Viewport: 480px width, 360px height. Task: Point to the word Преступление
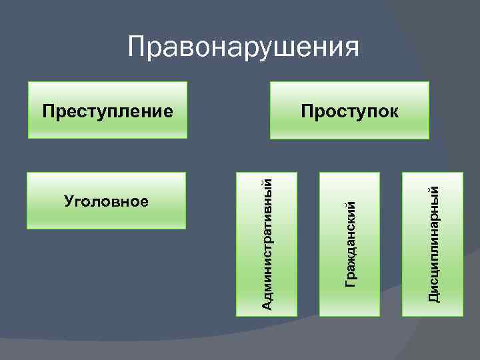coord(107,111)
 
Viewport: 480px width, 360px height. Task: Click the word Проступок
coord(349,111)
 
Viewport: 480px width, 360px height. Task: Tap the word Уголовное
coord(106,201)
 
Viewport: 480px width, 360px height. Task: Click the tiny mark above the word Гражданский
coord(346,205)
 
